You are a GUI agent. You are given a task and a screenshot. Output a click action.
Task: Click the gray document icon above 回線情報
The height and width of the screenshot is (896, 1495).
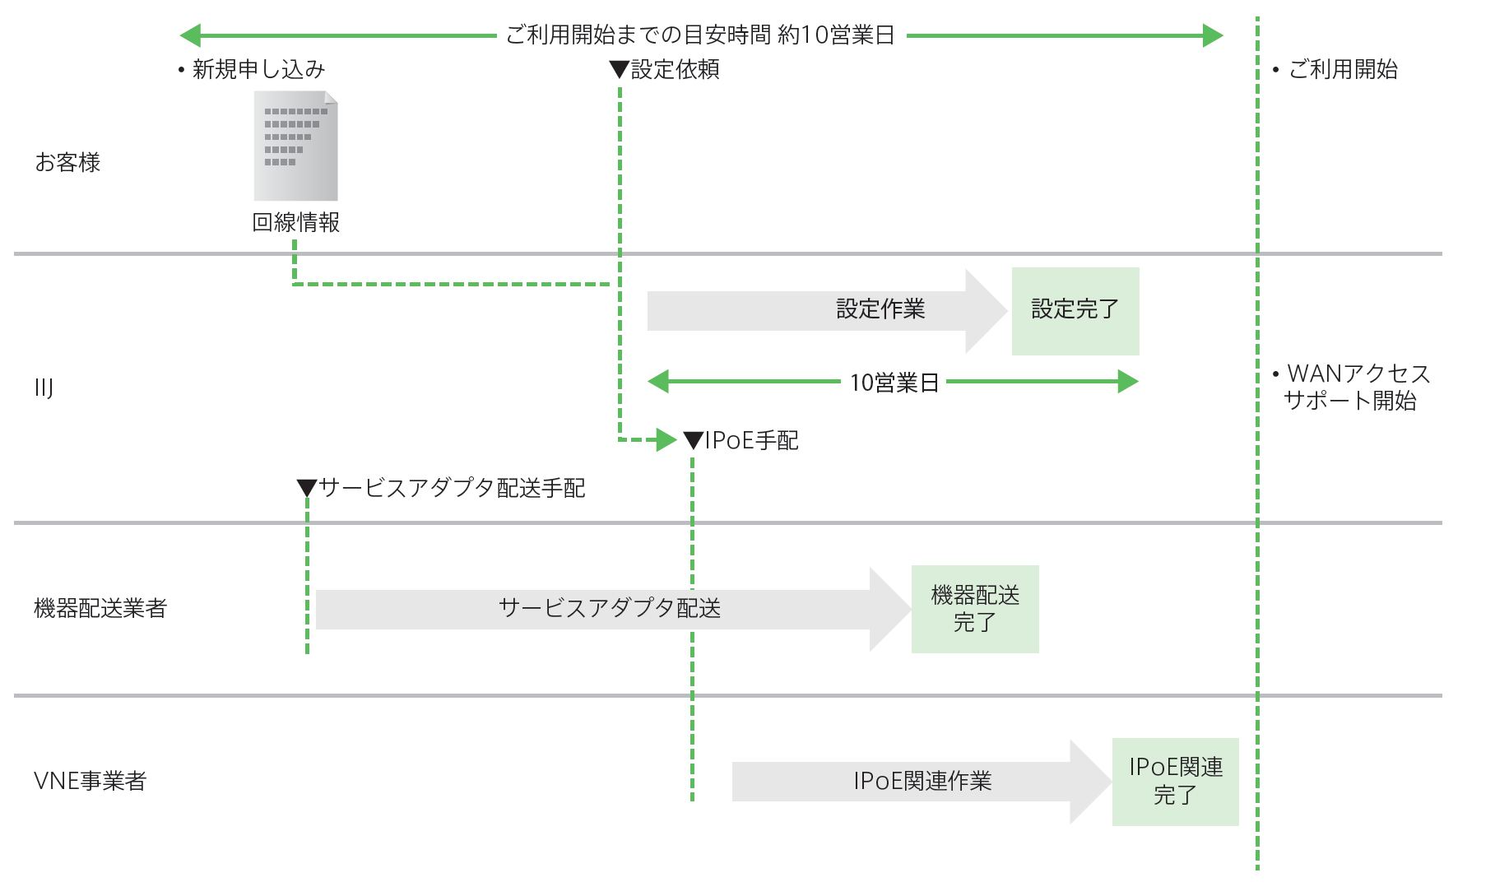point(295,146)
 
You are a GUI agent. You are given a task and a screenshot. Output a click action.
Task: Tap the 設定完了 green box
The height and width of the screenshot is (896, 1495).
point(1075,311)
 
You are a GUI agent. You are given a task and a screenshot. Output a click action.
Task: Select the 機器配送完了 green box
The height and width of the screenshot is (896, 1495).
point(974,609)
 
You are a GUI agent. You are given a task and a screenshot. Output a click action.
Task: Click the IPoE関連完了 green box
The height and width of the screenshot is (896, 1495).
point(1175,782)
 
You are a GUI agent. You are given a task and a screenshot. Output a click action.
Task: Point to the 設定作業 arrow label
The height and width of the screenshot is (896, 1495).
point(880,309)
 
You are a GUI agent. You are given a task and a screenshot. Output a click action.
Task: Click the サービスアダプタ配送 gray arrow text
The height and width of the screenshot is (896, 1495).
point(609,609)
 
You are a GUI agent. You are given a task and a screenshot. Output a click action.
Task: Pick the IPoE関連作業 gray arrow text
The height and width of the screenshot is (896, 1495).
point(922,782)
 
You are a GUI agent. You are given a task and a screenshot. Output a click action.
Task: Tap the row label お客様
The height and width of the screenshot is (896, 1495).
point(67,163)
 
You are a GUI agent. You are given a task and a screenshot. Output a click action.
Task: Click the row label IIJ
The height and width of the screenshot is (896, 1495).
point(44,388)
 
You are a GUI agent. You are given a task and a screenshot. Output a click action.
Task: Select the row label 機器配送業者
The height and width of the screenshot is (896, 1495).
point(100,609)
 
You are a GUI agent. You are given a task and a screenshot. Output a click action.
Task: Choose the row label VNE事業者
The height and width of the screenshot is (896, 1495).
point(90,782)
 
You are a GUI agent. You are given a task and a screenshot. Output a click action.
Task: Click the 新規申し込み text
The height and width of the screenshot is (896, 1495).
point(258,70)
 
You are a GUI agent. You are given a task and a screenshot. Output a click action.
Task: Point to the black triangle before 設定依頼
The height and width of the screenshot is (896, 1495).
point(619,70)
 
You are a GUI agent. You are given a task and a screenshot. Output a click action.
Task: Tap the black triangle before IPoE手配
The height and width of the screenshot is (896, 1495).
point(693,441)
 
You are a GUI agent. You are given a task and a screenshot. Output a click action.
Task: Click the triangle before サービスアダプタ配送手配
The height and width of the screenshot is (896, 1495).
point(307,489)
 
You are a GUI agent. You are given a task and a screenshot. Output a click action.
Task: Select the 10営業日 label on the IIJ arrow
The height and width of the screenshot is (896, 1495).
point(894,383)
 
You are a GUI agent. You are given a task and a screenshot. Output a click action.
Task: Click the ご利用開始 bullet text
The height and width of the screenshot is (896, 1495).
point(1343,70)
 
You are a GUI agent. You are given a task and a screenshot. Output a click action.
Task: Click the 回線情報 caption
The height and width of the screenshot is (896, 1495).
point(295,223)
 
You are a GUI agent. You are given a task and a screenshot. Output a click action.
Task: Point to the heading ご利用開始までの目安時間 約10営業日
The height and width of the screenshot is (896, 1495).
point(699,35)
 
